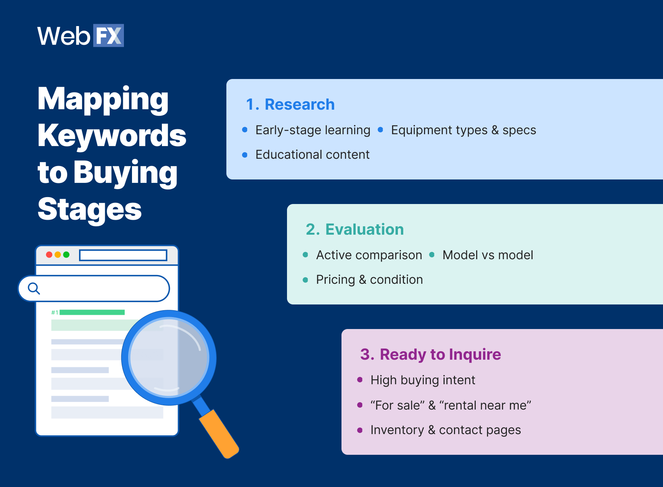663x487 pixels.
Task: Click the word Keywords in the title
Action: pos(112,135)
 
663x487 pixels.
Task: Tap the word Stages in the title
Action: pos(89,209)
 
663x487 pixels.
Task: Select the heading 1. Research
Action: pos(290,104)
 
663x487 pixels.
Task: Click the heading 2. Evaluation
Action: pos(355,229)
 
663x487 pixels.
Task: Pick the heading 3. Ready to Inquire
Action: pos(430,354)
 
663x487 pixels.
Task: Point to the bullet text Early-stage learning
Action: pos(313,130)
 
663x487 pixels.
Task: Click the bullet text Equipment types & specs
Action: pos(463,130)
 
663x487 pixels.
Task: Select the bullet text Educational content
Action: pos(312,155)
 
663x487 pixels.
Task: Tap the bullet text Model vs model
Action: pos(487,255)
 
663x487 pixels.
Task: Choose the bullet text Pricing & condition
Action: pos(369,280)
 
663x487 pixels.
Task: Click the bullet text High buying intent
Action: pos(422,380)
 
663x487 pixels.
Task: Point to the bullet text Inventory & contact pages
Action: pos(445,430)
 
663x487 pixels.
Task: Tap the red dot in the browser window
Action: pos(49,255)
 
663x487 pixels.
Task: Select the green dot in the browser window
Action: pos(66,255)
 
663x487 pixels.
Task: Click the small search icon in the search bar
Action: pos(34,288)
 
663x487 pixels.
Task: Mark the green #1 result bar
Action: pos(92,312)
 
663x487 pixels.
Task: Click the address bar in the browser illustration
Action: pos(123,255)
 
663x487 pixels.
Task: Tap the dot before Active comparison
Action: pos(305,255)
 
